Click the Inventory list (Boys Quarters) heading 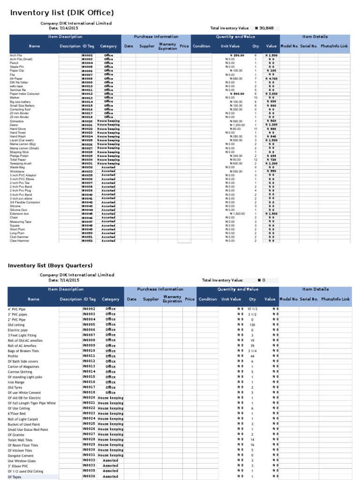pyautogui.click(x=50, y=266)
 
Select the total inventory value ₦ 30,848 pyautogui.click(x=264, y=28)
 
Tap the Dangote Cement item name pyautogui.click(x=21, y=455)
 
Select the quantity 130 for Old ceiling pyautogui.click(x=252, y=325)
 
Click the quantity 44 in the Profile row pyautogui.click(x=252, y=356)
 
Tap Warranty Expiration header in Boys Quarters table pyautogui.click(x=172, y=299)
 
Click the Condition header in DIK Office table pyautogui.click(x=202, y=46)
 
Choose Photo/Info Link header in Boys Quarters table pyautogui.click(x=335, y=299)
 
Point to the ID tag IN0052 pyautogui.click(x=87, y=241)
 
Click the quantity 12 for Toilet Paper pyautogui.click(x=255, y=160)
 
